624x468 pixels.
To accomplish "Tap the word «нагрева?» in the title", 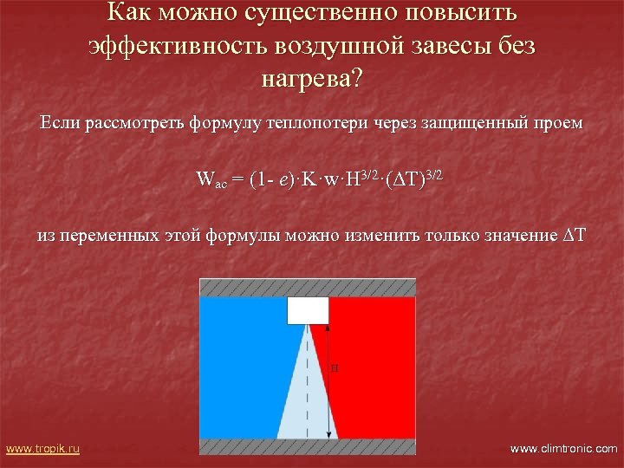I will coord(312,80).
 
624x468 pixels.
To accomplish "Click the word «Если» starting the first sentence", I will coord(61,123).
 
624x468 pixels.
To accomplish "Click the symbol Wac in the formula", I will coord(211,181).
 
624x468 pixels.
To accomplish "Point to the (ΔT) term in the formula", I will coord(406,180).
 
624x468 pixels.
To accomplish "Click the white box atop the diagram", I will coord(308,310).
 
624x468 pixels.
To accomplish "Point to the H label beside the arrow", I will coord(335,368).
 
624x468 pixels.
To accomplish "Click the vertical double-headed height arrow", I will coord(328,381).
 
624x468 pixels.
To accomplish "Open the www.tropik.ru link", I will coord(42,448).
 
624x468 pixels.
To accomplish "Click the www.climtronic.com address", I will coord(564,448).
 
